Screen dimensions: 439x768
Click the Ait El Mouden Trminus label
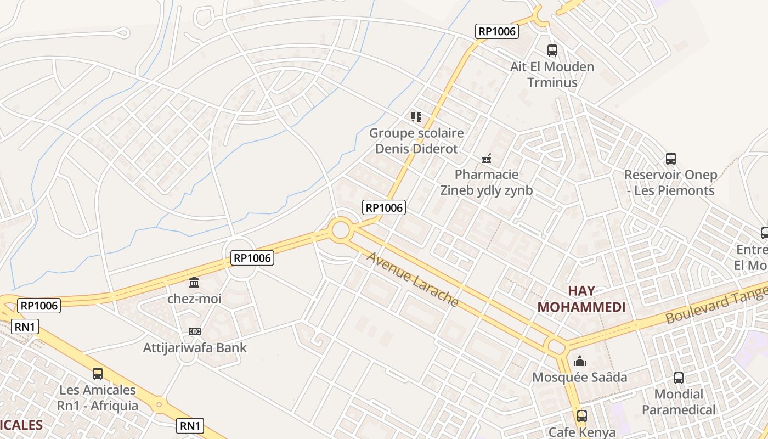pyautogui.click(x=552, y=75)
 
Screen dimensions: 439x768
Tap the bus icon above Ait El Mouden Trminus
pyautogui.click(x=552, y=50)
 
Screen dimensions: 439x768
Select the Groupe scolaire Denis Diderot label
pyautogui.click(x=416, y=140)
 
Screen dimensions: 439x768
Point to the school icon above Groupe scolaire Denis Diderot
pyautogui.click(x=416, y=116)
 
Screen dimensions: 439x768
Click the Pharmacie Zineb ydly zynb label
pyautogui.click(x=486, y=182)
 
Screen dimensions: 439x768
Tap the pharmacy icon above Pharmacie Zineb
pyautogui.click(x=486, y=159)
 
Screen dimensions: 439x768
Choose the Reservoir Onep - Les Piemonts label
pyautogui.click(x=671, y=183)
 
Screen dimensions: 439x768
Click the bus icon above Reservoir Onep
pyautogui.click(x=671, y=159)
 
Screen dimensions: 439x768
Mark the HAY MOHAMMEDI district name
pyautogui.click(x=581, y=299)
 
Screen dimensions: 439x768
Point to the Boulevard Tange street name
pyautogui.click(x=716, y=308)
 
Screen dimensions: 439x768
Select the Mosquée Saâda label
pyautogui.click(x=580, y=378)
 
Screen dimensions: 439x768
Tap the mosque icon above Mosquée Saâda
pyautogui.click(x=580, y=361)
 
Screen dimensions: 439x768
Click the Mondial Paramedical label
pyautogui.click(x=679, y=402)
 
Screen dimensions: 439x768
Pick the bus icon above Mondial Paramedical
pyautogui.click(x=679, y=378)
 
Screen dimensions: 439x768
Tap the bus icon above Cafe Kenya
pyautogui.click(x=581, y=416)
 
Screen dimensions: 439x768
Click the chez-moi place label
pyautogui.click(x=194, y=299)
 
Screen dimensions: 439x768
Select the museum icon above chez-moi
pyautogui.click(x=194, y=283)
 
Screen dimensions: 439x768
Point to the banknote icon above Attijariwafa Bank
pyautogui.click(x=194, y=331)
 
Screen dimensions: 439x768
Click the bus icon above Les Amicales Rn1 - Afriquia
pyautogui.click(x=98, y=374)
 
